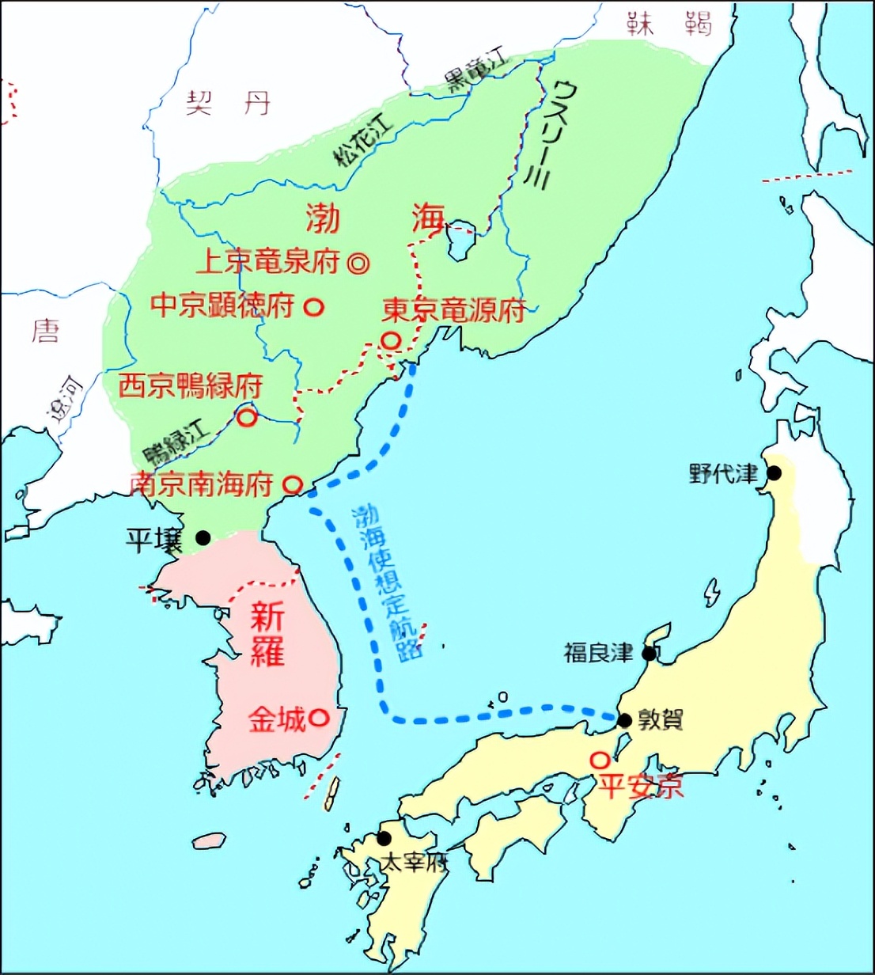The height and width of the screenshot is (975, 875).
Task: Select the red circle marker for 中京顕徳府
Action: tap(315, 307)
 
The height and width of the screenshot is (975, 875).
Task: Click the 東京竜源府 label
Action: tap(453, 310)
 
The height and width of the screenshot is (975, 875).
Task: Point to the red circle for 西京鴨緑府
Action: tap(248, 417)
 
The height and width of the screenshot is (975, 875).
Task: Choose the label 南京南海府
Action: tap(202, 484)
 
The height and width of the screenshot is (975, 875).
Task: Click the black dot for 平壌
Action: tap(203, 538)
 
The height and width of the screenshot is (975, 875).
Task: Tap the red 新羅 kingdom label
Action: tap(267, 635)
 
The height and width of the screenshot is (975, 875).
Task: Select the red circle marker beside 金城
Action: tap(318, 717)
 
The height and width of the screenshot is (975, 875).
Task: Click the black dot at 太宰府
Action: tap(384, 838)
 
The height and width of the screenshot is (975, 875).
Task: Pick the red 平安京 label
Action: tap(639, 786)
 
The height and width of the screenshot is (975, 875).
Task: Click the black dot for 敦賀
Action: tap(625, 720)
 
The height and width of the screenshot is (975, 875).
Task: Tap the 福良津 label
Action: tap(598, 653)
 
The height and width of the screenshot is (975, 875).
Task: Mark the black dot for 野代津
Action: tap(774, 473)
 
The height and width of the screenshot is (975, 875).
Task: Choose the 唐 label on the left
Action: tap(45, 330)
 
